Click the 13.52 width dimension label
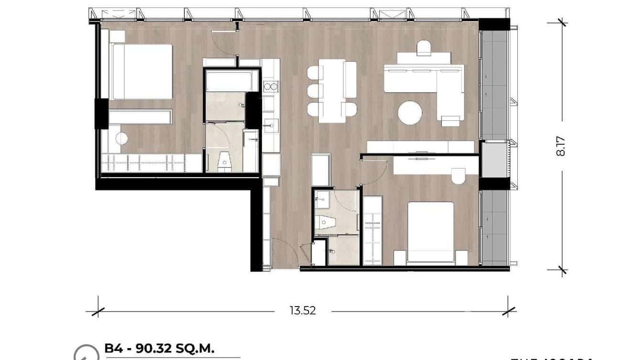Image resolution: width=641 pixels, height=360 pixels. [303, 311]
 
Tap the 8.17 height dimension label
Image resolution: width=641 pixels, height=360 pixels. [561, 146]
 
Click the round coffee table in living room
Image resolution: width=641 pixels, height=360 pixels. [410, 113]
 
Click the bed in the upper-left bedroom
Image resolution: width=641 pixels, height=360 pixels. [141, 72]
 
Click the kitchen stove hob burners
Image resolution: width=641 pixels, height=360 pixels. [270, 86]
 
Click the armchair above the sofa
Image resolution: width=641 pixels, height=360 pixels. [424, 48]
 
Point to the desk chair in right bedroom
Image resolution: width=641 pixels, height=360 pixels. [458, 176]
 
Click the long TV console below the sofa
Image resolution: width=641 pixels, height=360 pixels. [420, 147]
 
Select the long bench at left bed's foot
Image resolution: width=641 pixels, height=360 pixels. [140, 117]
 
